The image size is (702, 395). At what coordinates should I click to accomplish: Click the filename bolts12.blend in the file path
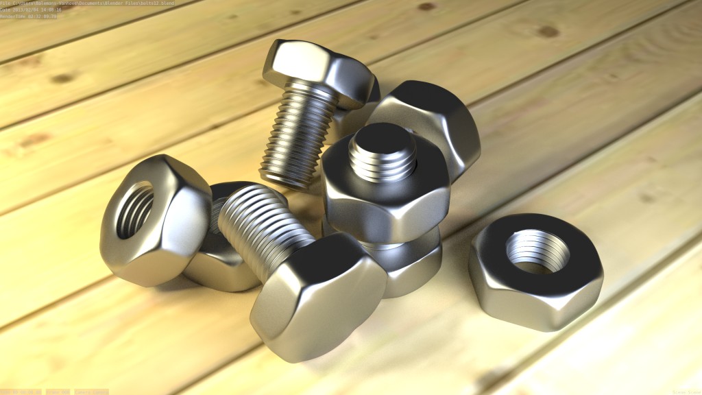tap(156, 3)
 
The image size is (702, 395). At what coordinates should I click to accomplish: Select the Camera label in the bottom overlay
tap(90, 392)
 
